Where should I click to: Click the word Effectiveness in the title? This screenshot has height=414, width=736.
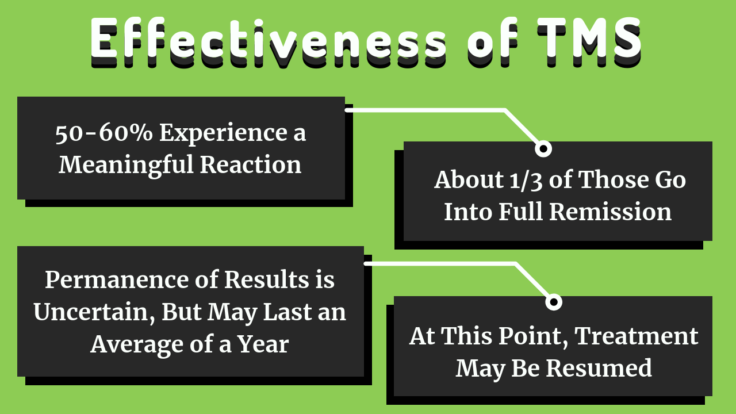[268, 40]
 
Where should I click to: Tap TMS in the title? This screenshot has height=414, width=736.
[589, 40]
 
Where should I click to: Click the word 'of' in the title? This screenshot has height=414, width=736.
[492, 40]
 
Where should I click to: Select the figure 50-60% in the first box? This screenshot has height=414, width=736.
[104, 133]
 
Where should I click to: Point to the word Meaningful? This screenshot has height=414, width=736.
[126, 164]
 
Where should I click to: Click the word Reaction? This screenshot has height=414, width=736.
[250, 164]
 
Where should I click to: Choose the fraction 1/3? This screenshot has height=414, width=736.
[526, 181]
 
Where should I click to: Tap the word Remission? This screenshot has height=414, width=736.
[611, 212]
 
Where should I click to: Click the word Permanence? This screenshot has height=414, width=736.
[116, 280]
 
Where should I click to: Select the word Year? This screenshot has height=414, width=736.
[263, 344]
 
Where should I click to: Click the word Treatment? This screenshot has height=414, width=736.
[637, 336]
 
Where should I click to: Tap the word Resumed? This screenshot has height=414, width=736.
[599, 368]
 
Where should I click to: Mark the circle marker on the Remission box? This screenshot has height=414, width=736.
[543, 149]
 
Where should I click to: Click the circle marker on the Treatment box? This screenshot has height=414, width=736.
[554, 302]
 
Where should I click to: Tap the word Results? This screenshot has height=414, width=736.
[267, 280]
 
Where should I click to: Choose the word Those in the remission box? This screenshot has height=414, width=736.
[614, 180]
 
